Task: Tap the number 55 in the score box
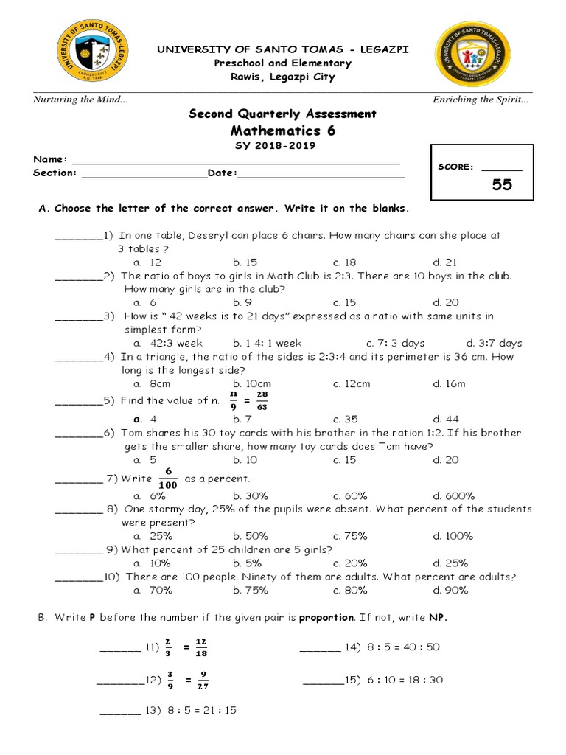point(502,184)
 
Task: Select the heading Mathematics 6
point(282,131)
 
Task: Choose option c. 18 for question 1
point(344,262)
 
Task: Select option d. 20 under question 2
point(446,302)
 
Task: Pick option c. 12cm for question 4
point(352,383)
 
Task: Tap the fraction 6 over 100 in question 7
point(168,478)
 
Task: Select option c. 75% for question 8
point(350,536)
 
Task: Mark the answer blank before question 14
point(320,647)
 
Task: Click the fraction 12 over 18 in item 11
point(201,647)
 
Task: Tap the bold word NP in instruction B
point(439,618)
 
